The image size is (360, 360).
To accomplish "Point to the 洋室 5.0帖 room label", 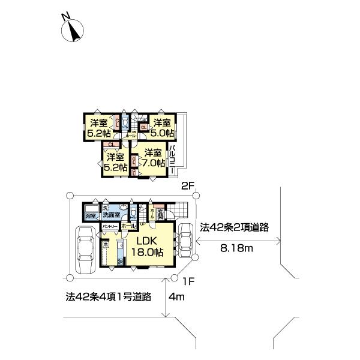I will (x=163, y=127).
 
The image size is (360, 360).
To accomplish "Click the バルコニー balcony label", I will (x=172, y=159).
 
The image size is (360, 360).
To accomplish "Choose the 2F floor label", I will (x=187, y=187).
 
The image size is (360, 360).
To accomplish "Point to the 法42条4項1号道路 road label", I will (x=107, y=296).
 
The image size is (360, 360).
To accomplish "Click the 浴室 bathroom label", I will (x=91, y=215).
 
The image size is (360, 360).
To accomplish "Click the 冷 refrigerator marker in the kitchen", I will (x=105, y=245).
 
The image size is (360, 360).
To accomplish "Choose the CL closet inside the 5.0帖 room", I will (x=144, y=127).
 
